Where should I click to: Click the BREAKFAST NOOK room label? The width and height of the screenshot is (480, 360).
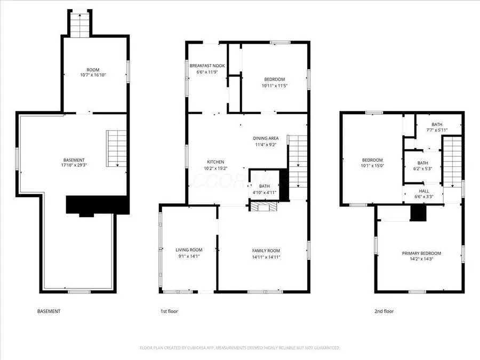(x=207, y=66)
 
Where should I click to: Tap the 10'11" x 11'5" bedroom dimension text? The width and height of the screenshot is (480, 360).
(x=275, y=85)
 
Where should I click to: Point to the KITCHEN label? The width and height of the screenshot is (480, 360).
(x=215, y=162)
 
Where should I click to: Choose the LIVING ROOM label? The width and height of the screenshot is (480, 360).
(x=189, y=250)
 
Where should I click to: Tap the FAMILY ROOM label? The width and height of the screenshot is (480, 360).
(x=266, y=251)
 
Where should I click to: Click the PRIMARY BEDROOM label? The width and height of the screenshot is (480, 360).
(x=421, y=253)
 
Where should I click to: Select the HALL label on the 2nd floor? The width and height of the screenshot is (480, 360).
(x=423, y=190)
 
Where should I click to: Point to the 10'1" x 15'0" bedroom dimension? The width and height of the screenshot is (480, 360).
(x=372, y=166)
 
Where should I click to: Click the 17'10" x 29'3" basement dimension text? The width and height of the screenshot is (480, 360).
(x=74, y=166)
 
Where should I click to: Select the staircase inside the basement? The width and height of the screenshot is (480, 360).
(x=116, y=148)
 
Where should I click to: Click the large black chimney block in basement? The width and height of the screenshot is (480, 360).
(x=97, y=205)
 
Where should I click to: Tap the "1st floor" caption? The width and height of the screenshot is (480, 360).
(x=169, y=311)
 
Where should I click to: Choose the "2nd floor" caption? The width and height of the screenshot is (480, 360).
(x=385, y=311)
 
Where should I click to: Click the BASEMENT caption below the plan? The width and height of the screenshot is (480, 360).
(x=49, y=311)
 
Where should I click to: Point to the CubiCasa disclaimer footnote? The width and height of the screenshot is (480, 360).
(x=239, y=348)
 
